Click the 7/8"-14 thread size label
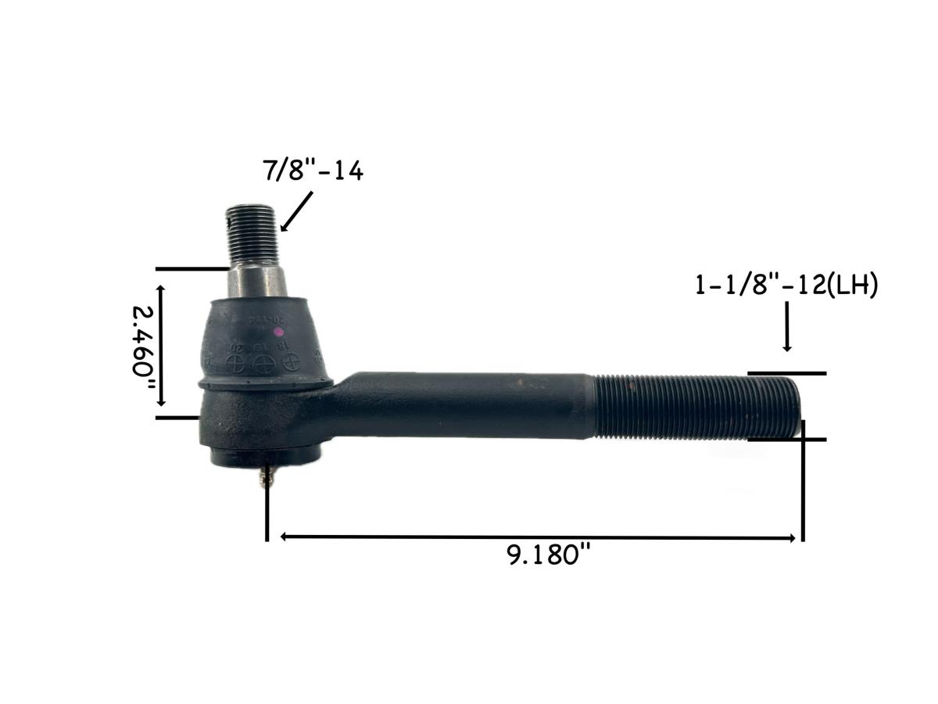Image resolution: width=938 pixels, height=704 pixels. (x=313, y=171)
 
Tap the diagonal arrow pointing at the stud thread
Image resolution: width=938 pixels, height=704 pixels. (x=296, y=211)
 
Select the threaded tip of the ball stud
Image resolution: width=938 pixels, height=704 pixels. (x=252, y=234)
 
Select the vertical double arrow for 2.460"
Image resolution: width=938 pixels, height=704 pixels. (x=162, y=344)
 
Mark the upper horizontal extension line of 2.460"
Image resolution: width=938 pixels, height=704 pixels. (x=192, y=269)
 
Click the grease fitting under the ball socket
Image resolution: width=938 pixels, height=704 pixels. (x=268, y=475)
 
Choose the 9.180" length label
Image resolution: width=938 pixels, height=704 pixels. (x=548, y=555)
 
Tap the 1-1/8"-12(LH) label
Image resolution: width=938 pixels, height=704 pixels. (x=786, y=286)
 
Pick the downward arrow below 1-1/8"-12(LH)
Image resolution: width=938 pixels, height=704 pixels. (x=787, y=329)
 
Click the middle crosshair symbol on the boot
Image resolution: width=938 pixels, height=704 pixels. (x=263, y=364)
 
